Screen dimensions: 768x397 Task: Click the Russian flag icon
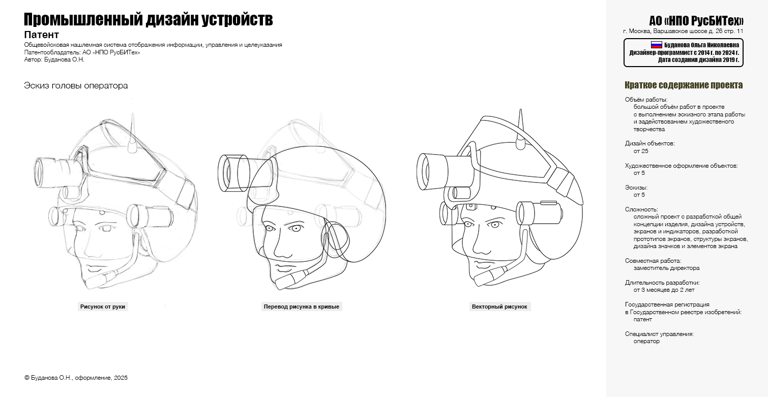656,45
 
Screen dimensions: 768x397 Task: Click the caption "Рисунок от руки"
103,307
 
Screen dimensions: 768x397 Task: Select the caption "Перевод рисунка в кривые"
302,307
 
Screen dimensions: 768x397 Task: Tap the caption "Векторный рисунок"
499,307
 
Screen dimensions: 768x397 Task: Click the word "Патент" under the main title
42,35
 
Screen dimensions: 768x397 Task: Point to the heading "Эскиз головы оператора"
76,85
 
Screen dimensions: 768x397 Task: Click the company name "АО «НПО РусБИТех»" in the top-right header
696,20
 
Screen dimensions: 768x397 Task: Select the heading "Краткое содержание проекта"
684,85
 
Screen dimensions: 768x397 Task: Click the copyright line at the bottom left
76,378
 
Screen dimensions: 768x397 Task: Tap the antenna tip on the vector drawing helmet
520,110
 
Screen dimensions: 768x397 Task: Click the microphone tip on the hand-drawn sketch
88,283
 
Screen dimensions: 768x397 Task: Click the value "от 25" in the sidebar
641,151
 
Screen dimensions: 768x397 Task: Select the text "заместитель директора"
666,268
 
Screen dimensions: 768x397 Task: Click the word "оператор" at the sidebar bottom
646,341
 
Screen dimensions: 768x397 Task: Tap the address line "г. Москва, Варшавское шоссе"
671,31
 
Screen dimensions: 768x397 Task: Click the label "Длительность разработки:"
662,283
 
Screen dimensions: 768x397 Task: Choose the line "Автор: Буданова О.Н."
54,59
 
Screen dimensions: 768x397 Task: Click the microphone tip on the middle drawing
278,285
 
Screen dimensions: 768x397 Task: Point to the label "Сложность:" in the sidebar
641,209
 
